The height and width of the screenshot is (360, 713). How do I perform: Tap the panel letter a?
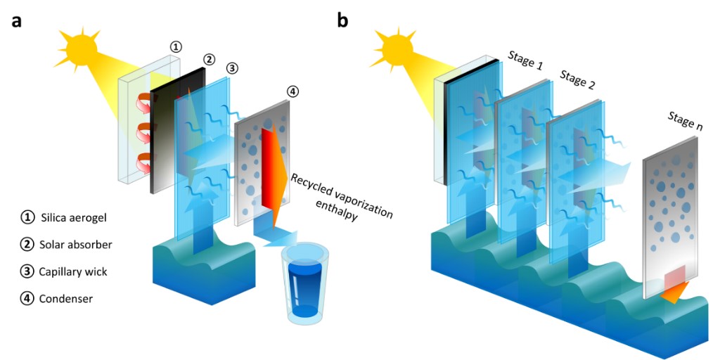[16, 20]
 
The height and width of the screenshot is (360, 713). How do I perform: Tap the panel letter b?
[343, 19]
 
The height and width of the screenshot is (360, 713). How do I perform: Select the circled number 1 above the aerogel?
[176, 47]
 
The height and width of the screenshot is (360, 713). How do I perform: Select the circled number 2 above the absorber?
[209, 59]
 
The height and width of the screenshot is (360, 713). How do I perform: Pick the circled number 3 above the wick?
[233, 69]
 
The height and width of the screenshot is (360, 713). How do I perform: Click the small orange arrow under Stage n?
[674, 295]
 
